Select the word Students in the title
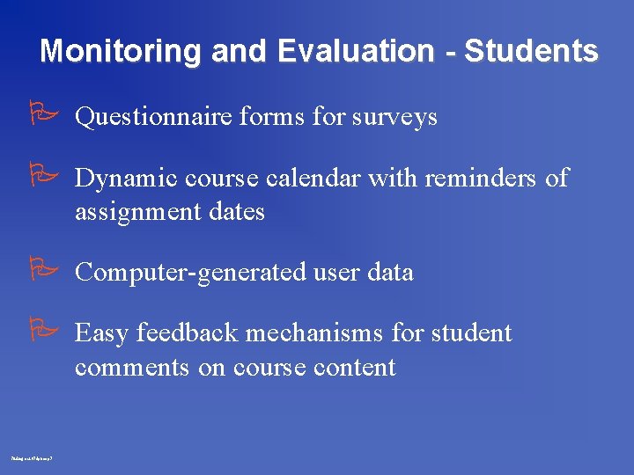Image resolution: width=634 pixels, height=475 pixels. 531,51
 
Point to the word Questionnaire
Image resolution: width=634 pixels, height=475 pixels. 154,117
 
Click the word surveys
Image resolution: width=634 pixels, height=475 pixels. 394,118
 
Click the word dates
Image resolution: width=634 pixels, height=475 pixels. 236,212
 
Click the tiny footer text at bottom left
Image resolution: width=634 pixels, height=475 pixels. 33,459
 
